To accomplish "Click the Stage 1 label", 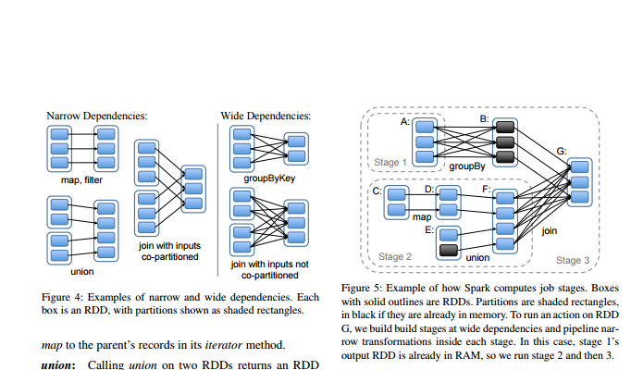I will (390, 162).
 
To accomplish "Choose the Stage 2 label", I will (395, 255).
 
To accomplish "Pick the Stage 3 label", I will (573, 260).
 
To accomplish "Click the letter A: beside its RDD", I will (404, 121).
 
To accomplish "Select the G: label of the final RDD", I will (562, 150).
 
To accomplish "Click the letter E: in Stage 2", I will (428, 228).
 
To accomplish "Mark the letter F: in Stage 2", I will (487, 189).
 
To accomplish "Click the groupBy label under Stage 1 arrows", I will (467, 167).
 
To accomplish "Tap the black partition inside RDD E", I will (449, 251).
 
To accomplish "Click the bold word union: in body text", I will (60, 364).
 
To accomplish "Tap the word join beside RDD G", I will (550, 231).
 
